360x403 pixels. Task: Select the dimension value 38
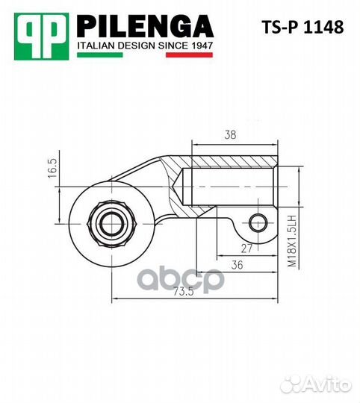pyautogui.click(x=232, y=135)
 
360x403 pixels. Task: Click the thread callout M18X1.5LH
pyautogui.click(x=294, y=240)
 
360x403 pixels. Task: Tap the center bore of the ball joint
pyautogui.click(x=111, y=220)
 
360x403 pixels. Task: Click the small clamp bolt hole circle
pyautogui.click(x=258, y=222)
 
